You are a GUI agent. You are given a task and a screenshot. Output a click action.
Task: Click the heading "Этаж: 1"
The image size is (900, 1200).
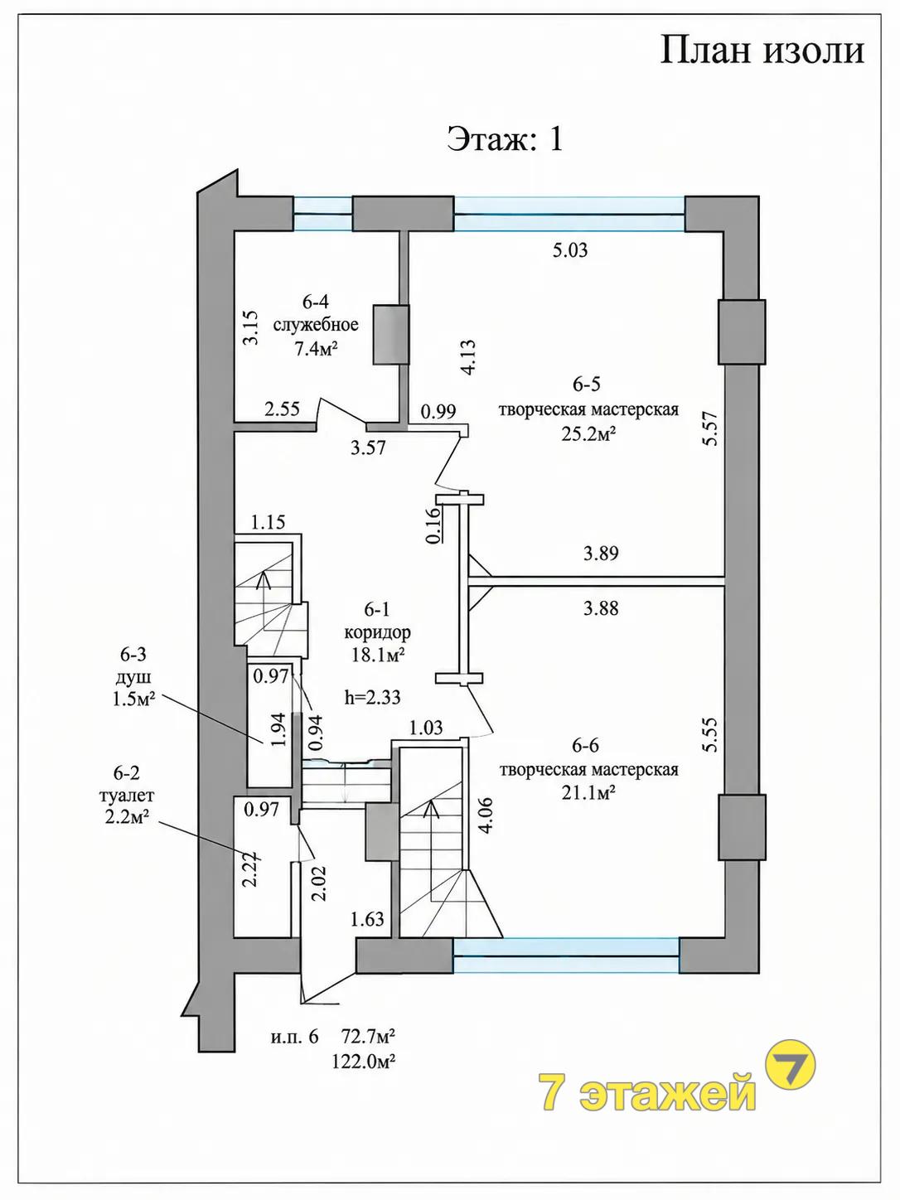pyautogui.click(x=505, y=139)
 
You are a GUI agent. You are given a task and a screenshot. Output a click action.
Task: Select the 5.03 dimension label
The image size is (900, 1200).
pyautogui.click(x=570, y=250)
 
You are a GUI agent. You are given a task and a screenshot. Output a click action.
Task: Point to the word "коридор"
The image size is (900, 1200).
pyautogui.click(x=377, y=632)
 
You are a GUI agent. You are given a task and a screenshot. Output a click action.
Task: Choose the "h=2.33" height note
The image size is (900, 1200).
pyautogui.click(x=373, y=697)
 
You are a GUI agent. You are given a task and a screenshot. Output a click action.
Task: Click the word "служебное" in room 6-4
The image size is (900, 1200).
pyautogui.click(x=316, y=326)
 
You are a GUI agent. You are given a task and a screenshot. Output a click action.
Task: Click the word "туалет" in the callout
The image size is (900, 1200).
pyautogui.click(x=126, y=795)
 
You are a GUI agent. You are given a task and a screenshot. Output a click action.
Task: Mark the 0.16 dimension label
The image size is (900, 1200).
pyautogui.click(x=433, y=526)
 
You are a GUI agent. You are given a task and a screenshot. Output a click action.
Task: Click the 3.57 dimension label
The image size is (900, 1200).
pyautogui.click(x=368, y=448)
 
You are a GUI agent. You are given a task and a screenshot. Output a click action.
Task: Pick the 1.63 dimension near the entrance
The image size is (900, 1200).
pyautogui.click(x=367, y=919)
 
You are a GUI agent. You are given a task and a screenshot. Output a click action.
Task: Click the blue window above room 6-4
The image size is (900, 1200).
pyautogui.click(x=322, y=214)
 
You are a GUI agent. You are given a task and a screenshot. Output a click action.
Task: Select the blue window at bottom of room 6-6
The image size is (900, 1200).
pyautogui.click(x=566, y=956)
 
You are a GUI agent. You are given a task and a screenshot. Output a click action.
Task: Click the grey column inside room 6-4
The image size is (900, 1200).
pyautogui.click(x=390, y=335)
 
